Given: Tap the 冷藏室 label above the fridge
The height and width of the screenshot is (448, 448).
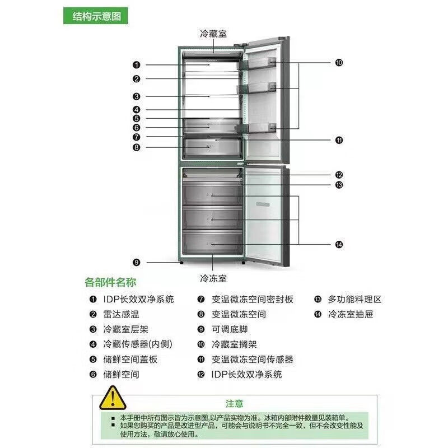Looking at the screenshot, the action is click(213, 34).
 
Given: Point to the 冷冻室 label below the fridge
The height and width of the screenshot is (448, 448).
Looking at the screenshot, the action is click(213, 277).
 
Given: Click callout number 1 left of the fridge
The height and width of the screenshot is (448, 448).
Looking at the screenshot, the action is click(136, 65).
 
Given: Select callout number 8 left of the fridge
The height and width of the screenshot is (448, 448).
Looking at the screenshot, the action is click(136, 147).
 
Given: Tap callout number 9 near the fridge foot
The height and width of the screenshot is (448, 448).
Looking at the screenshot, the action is click(136, 262).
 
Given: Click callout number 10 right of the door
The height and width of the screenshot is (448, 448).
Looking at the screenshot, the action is click(339, 63).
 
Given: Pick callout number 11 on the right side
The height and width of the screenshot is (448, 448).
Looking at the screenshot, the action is click(339, 140).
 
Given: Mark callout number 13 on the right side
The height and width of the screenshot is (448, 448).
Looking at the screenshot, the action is click(339, 185).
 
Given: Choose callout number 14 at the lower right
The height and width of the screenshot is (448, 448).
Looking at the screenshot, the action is click(339, 244).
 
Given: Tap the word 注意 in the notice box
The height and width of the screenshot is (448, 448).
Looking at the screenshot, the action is click(235, 403).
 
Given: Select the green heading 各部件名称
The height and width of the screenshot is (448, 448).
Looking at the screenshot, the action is click(110, 282).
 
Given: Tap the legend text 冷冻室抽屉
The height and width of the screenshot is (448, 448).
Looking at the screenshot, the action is click(351, 315).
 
